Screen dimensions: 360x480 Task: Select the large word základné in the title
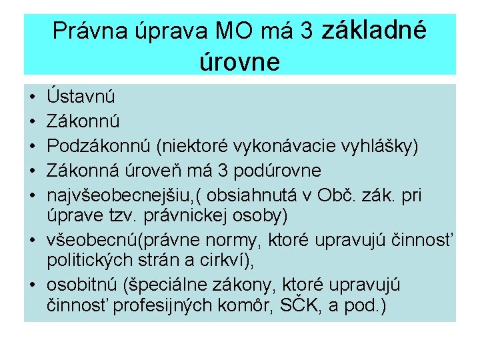[x=375, y=30]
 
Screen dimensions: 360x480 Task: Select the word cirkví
[x=221, y=260]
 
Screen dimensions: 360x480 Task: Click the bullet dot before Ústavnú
[x=31, y=97]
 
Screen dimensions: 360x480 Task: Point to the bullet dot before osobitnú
[x=31, y=285]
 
